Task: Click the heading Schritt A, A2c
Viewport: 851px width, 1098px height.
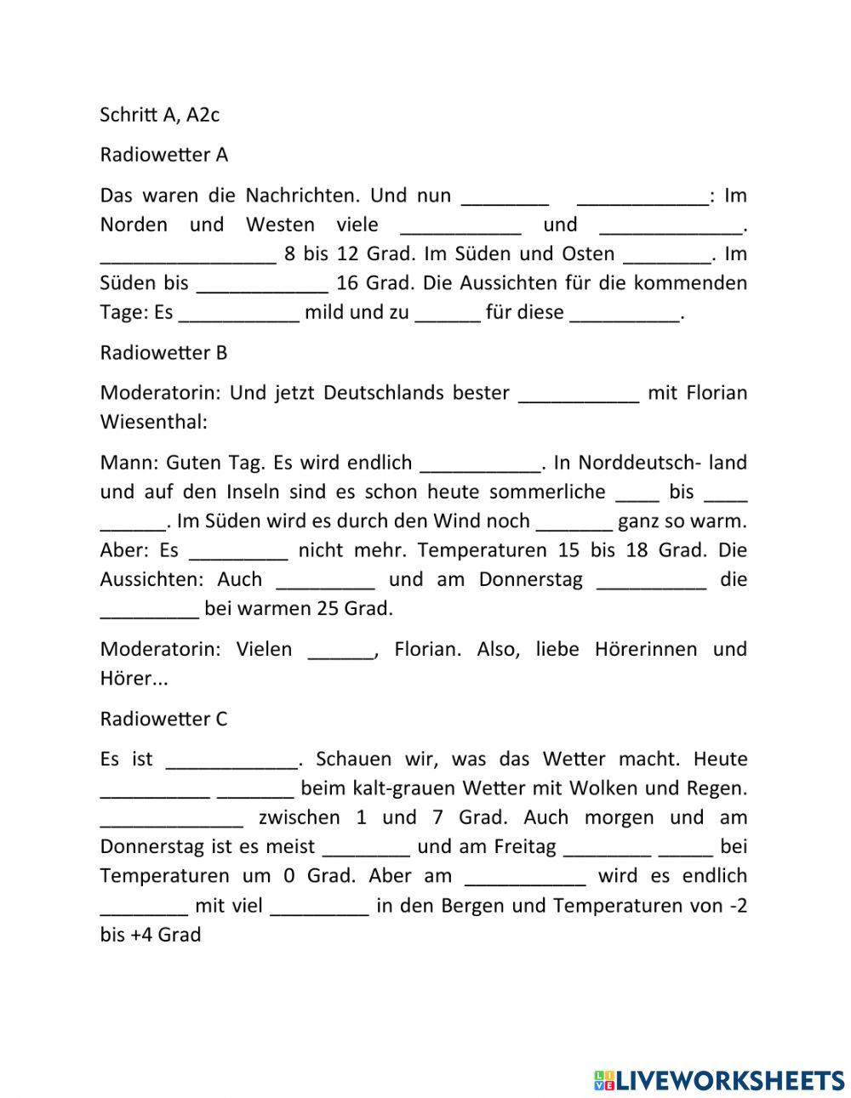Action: click(159, 114)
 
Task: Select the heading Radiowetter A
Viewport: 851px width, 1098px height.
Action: click(163, 155)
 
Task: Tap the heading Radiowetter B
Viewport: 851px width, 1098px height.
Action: click(163, 352)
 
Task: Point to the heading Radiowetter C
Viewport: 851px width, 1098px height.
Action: click(163, 719)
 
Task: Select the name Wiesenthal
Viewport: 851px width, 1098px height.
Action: click(153, 422)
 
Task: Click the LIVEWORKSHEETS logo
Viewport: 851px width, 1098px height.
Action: click(719, 1079)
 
